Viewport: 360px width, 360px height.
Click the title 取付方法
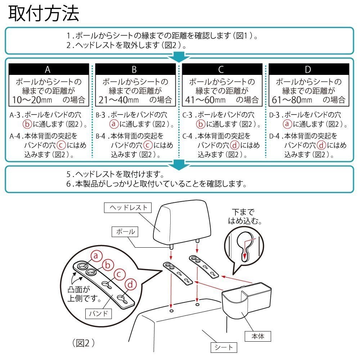[44, 13]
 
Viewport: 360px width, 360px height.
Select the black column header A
[49, 69]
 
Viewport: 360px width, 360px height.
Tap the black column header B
[135, 69]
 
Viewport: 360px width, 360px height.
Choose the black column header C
[222, 69]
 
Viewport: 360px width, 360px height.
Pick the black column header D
[309, 69]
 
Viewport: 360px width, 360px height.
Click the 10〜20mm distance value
[32, 100]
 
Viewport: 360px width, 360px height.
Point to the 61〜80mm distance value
[292, 100]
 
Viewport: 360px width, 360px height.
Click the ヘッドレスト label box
[128, 208]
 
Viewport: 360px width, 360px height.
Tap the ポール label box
[125, 231]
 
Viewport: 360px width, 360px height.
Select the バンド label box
[99, 314]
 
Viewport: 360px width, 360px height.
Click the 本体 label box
[258, 336]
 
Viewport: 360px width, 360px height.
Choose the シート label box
[224, 347]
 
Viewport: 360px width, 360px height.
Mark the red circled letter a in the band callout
[96, 256]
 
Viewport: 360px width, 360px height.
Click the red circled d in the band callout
[130, 285]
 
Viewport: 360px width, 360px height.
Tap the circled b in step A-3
[27, 124]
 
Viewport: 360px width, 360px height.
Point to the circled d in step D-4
[321, 145]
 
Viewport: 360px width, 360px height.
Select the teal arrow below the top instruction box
[179, 57]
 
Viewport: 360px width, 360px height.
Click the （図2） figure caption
[83, 343]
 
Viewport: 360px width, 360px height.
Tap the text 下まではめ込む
[245, 216]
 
